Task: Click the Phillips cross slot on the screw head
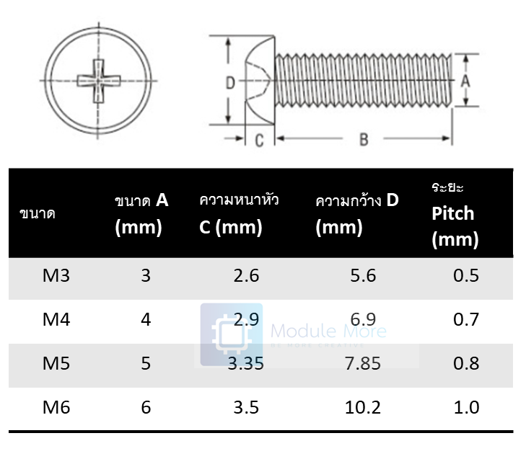point(97,80)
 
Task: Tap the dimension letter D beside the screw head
point(229,83)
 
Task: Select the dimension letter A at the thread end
point(465,81)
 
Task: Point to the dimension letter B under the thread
point(364,139)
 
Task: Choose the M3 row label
point(56,276)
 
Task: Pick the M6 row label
point(56,407)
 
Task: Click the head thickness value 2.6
point(246,276)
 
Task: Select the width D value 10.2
point(362,407)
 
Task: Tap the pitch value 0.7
point(466,319)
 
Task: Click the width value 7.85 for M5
point(362,364)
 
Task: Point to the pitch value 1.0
point(466,407)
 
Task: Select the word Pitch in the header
point(453,213)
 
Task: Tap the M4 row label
point(56,319)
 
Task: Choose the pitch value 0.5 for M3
point(466,276)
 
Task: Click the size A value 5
point(146,364)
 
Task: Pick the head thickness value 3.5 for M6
point(246,407)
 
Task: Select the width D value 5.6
point(362,276)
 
